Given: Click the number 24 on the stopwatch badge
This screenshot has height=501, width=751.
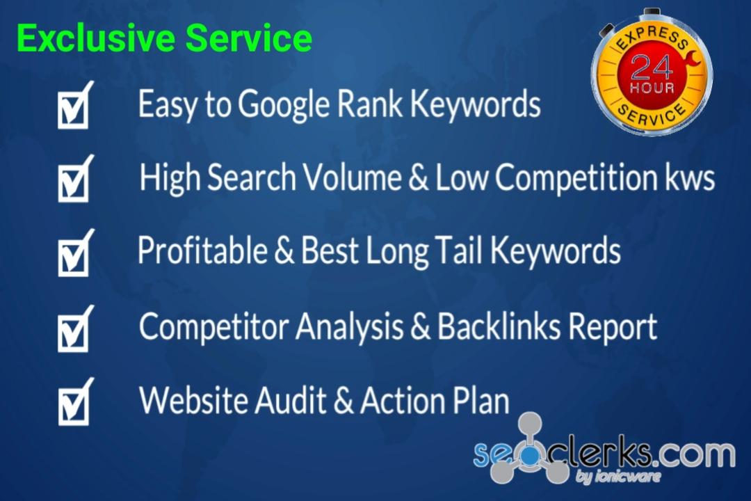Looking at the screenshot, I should [652, 67].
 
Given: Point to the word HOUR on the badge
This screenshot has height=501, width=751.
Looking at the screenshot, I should [652, 88].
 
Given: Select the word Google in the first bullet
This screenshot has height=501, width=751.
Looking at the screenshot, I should [284, 104].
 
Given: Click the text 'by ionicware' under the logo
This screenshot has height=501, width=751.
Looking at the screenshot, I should [617, 477].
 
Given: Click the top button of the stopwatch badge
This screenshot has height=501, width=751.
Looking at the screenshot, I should [652, 13].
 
